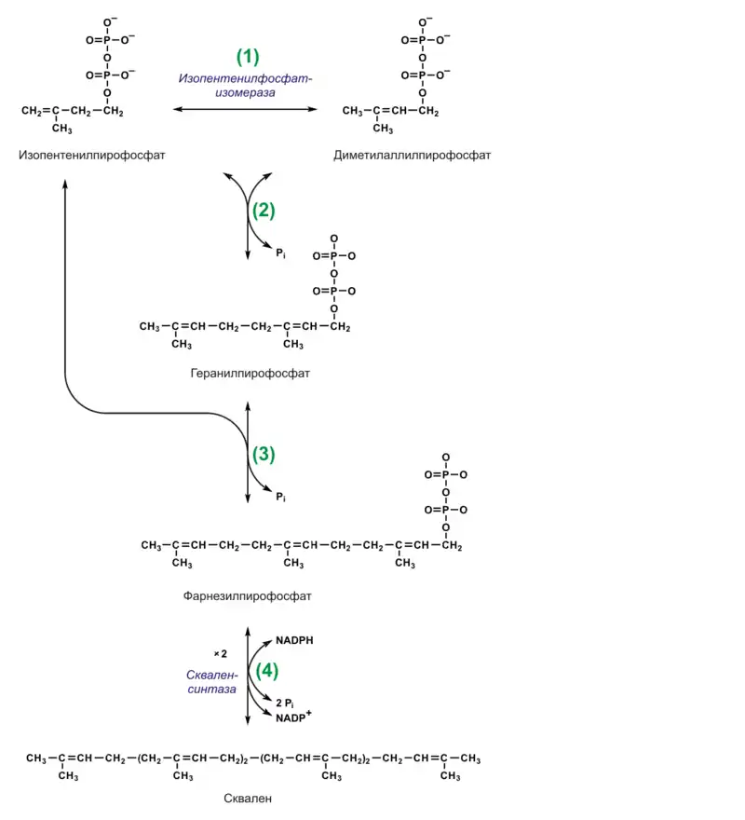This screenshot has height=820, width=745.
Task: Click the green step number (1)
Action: point(247,56)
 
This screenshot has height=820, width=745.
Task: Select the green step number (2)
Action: point(264,211)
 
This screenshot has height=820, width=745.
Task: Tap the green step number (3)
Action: point(264,455)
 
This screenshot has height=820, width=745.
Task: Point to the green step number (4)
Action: point(267,671)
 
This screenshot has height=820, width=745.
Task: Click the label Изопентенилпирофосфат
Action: point(91,155)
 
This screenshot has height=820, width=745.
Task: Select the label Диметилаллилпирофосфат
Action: point(412,155)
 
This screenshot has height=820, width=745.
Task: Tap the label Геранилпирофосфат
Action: point(250,374)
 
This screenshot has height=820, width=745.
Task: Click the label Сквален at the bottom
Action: point(249,798)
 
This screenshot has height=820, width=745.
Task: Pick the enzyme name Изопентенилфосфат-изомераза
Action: point(246,86)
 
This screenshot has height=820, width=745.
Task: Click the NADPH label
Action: point(293,641)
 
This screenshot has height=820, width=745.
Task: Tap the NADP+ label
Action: point(293,718)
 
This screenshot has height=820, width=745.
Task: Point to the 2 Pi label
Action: point(286,702)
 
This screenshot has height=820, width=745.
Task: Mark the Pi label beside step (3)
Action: point(280,499)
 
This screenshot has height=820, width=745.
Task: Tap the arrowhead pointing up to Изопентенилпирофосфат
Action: point(65,184)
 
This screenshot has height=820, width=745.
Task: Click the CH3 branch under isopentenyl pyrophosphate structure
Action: point(61,129)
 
